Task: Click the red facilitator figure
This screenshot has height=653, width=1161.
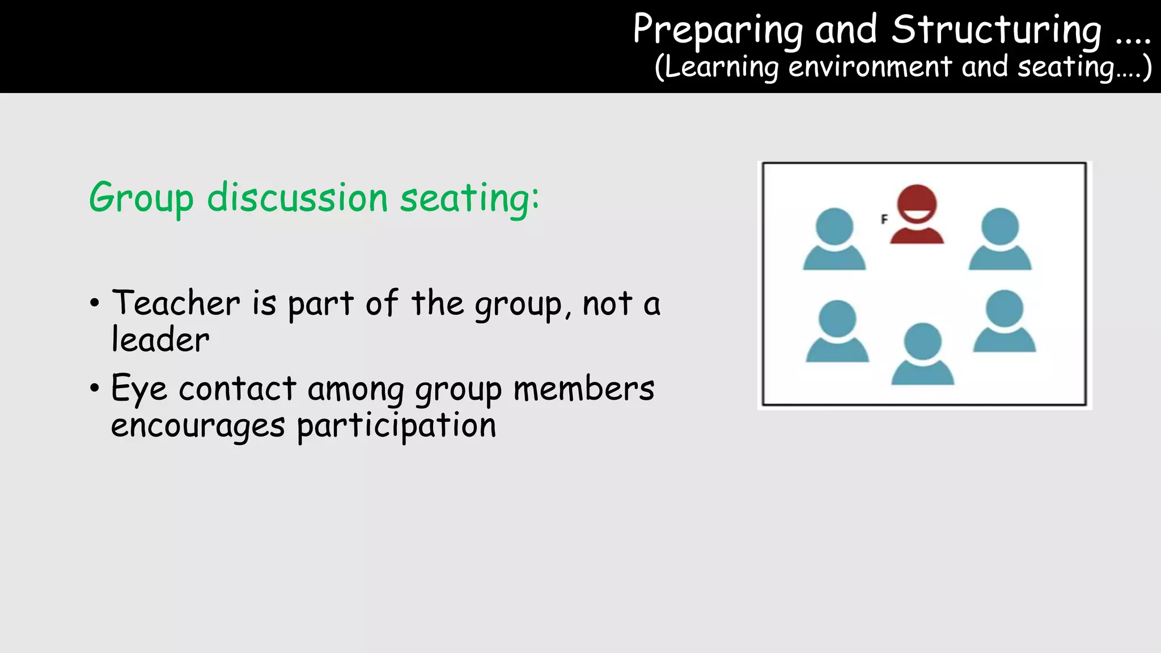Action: pyautogui.click(x=917, y=215)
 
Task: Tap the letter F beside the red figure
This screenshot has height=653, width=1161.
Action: pyautogui.click(x=884, y=219)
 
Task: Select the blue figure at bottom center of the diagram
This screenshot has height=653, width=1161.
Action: pyautogui.click(x=922, y=354)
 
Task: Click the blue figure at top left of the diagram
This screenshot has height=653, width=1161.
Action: pyautogui.click(x=834, y=239)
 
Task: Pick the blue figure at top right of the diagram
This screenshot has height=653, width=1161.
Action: pyautogui.click(x=1000, y=239)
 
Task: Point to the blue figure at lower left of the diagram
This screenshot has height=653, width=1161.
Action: pyautogui.click(x=837, y=332)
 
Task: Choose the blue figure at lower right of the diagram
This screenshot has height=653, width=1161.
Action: pyautogui.click(x=1005, y=321)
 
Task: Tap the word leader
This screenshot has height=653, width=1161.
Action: pyautogui.click(x=160, y=340)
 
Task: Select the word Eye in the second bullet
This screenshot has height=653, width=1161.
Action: pyautogui.click(x=139, y=389)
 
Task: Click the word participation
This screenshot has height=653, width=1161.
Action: pyautogui.click(x=396, y=426)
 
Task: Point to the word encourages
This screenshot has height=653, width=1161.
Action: pyautogui.click(x=197, y=426)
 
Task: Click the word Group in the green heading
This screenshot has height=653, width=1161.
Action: pyautogui.click(x=141, y=198)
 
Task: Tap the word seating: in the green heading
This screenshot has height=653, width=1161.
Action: pyautogui.click(x=469, y=198)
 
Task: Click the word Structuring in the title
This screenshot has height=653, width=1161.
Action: pyautogui.click(x=997, y=29)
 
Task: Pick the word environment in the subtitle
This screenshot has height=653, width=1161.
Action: pyautogui.click(x=870, y=67)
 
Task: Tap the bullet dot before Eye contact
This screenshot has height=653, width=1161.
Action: pyautogui.click(x=95, y=389)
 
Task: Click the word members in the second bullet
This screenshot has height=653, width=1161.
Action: pyautogui.click(x=584, y=389)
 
